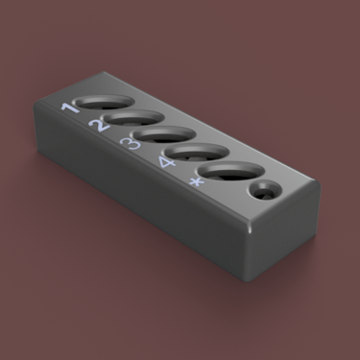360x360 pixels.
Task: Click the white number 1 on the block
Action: tap(71, 108)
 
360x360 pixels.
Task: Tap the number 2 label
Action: tap(99, 126)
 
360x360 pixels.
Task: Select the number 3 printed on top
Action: tap(130, 144)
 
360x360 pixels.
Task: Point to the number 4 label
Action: tap(167, 162)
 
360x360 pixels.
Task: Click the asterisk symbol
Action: tap(196, 182)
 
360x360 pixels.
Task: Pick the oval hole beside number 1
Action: tap(103, 102)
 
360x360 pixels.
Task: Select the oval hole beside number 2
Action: tap(133, 117)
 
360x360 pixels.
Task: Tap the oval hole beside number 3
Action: tap(164, 134)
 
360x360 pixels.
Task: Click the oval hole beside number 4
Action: tap(198, 153)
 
